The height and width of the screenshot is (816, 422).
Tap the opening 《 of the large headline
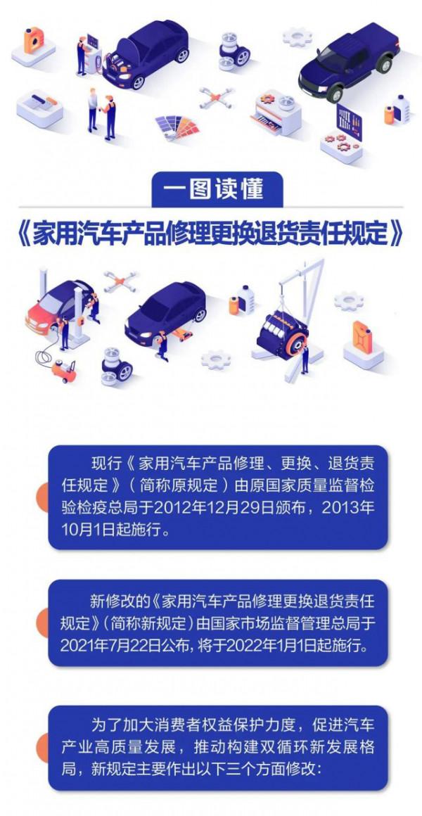tap(21, 234)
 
